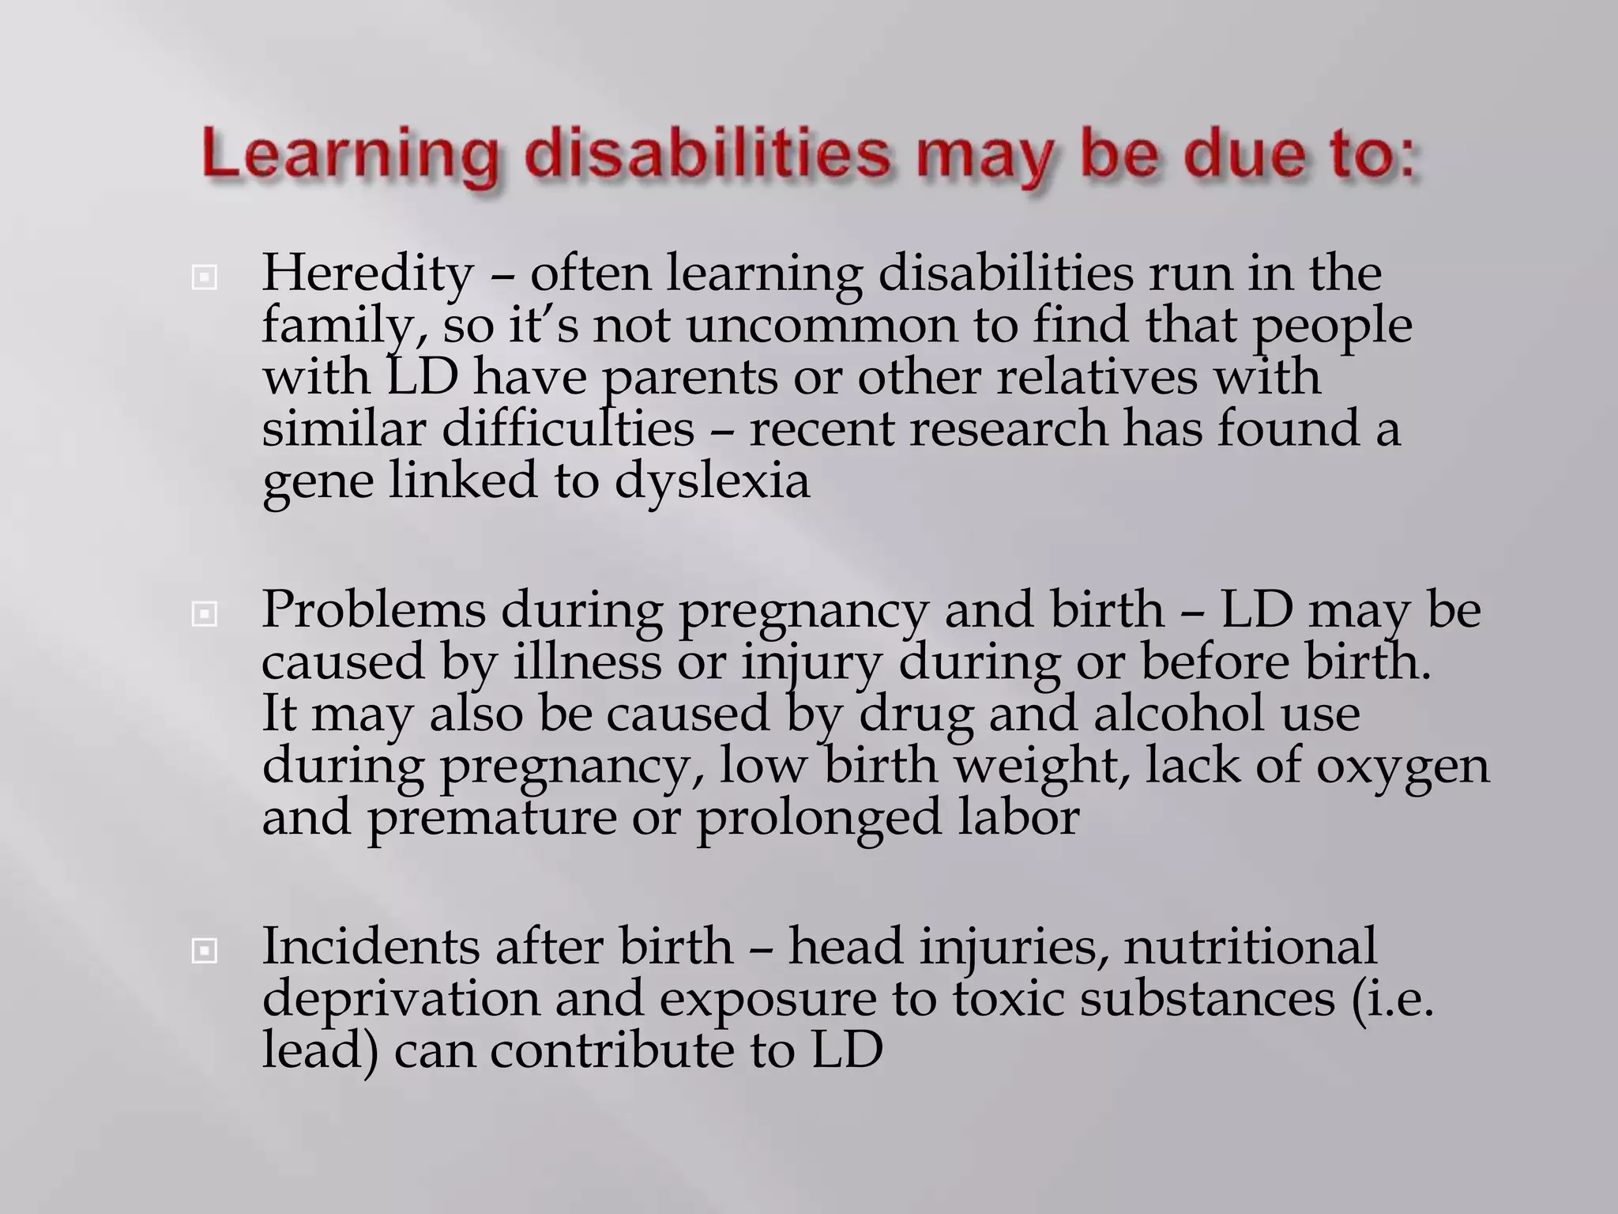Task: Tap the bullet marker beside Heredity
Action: point(205,277)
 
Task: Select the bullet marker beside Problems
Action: point(205,614)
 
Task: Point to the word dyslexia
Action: point(712,481)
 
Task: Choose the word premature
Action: point(491,818)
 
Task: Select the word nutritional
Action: point(1251,946)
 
